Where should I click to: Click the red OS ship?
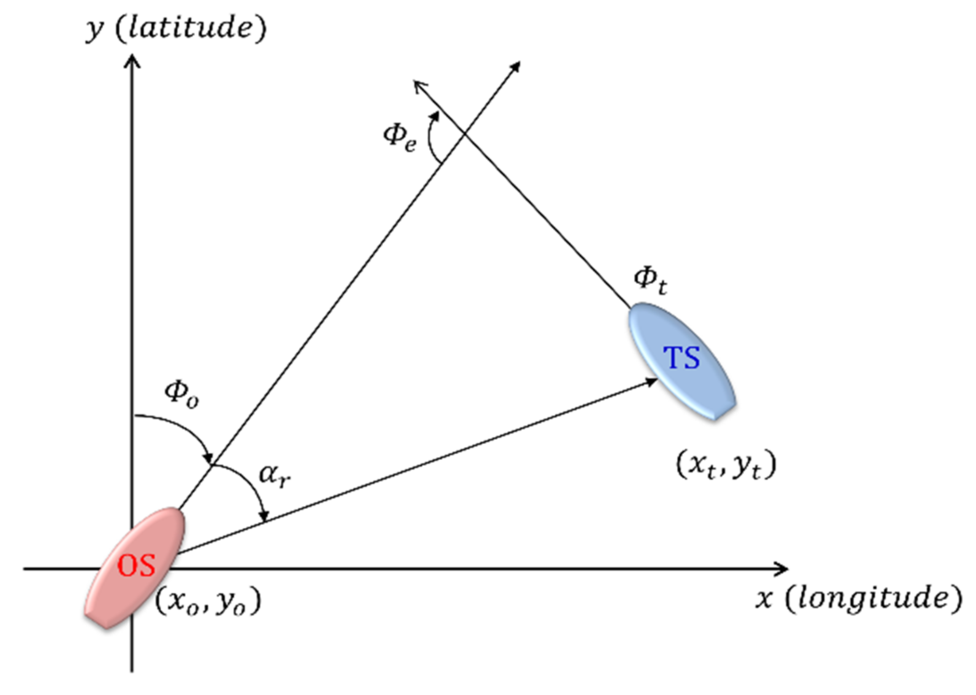[135, 567]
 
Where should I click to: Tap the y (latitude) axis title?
[176, 29]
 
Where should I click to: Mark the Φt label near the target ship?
[650, 280]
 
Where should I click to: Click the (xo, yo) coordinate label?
[208, 601]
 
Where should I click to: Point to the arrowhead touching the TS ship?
[651, 381]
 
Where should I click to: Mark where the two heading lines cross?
[465, 135]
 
